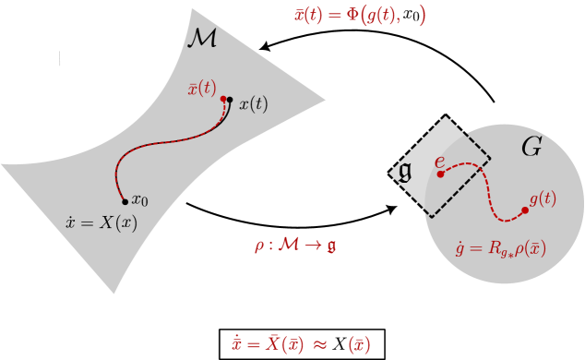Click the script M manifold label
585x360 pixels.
pos(202,39)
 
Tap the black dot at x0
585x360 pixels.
pos(125,200)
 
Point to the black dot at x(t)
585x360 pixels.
pos(230,100)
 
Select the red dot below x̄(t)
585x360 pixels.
pos(223,99)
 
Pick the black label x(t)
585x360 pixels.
pos(254,104)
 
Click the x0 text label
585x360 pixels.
pos(140,200)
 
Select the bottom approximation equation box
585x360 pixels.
pos(301,344)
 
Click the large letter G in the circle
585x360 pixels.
pos(531,147)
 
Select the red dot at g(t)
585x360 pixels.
pos(525,210)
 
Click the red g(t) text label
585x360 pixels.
pos(542,198)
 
